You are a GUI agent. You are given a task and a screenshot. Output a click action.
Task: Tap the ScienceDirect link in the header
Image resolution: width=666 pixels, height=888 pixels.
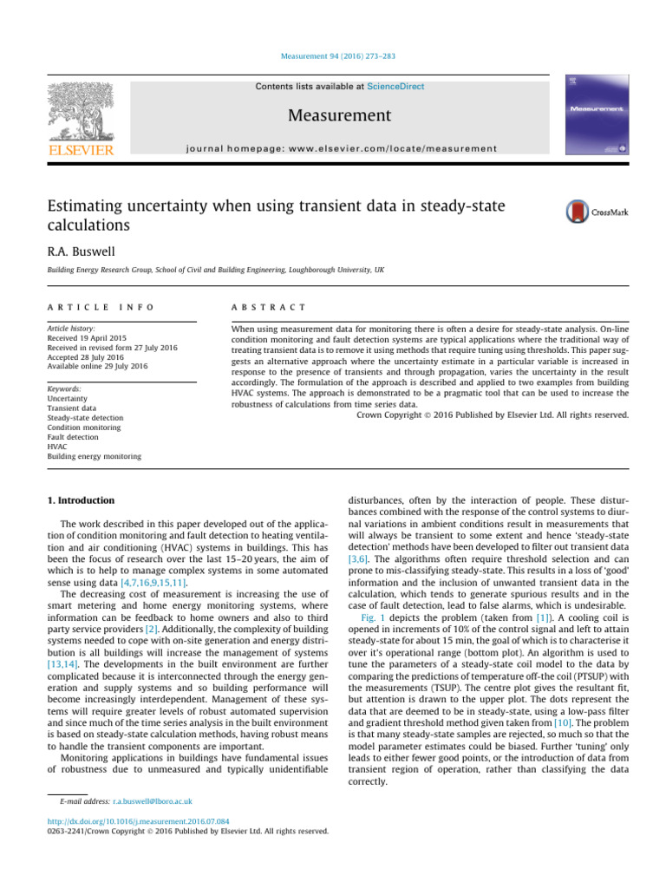[395, 87]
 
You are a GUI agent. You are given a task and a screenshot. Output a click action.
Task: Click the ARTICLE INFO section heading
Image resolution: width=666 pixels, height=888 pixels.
[83, 307]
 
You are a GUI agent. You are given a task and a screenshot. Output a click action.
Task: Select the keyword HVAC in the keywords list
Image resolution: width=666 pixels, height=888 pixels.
[59, 447]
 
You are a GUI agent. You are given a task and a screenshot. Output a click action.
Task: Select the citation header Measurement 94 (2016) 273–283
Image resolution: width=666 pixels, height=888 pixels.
[333, 58]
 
